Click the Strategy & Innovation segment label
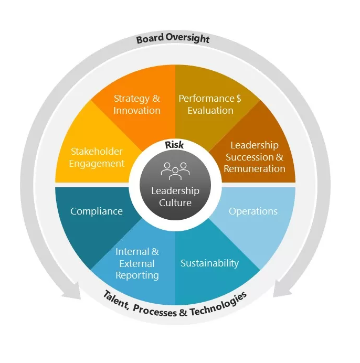137,104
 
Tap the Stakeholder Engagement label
98,157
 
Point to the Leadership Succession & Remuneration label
255,157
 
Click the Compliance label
97,211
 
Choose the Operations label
253,211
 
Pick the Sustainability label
209,263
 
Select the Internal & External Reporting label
137,263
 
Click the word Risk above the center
175,145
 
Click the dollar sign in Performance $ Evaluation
239,99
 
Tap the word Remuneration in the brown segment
255,168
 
